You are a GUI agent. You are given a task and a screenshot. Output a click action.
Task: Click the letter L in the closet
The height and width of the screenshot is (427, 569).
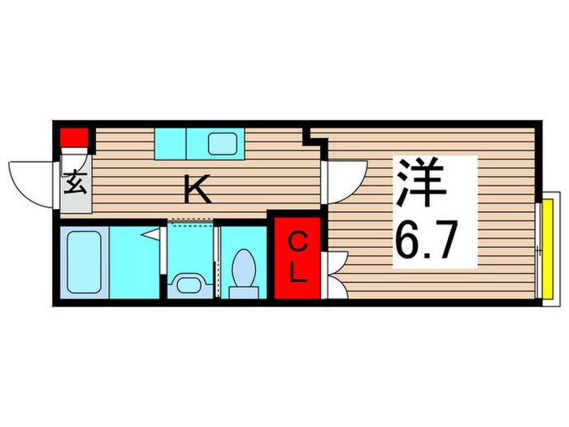pos(298,273)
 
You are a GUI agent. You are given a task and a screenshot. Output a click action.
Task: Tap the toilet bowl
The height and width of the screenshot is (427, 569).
pos(243,266)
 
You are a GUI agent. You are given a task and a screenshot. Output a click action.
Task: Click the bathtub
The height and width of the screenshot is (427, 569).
pos(85,264)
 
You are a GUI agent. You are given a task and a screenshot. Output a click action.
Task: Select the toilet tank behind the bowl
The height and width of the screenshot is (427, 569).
pos(243,288)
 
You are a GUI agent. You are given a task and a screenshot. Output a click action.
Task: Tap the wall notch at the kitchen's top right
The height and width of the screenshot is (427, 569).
pos(315,136)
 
